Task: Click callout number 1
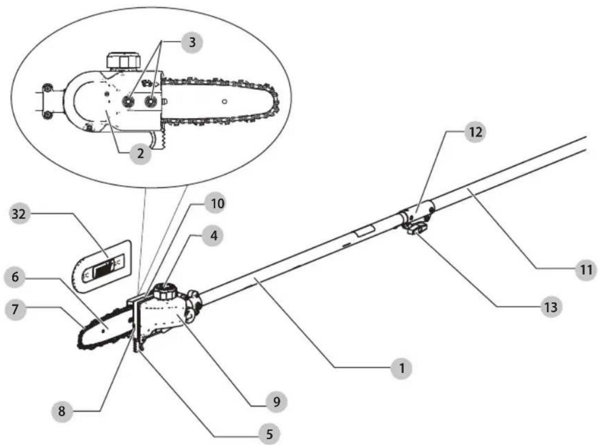click(x=401, y=368)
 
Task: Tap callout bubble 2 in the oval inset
click(x=141, y=153)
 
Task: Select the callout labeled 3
click(x=192, y=42)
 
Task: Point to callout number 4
click(x=213, y=236)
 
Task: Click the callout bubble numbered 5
click(x=269, y=434)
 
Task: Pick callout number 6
click(x=15, y=277)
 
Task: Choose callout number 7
click(x=15, y=309)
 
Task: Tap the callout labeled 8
click(x=62, y=411)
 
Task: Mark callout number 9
click(x=276, y=402)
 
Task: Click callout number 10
click(x=217, y=203)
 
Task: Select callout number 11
click(x=586, y=270)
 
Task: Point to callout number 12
click(x=475, y=132)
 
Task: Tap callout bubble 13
click(x=551, y=306)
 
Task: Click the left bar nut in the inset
click(x=128, y=101)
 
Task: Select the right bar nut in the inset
click(x=151, y=101)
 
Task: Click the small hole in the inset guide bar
click(x=224, y=101)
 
